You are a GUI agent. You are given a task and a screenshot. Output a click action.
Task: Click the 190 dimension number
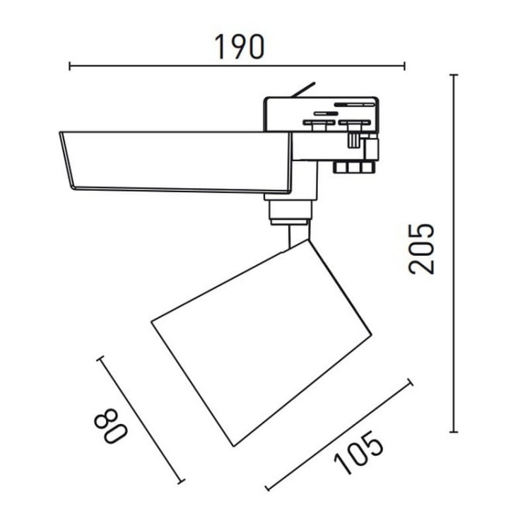point(240,47)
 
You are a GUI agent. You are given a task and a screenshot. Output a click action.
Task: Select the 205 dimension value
point(421,249)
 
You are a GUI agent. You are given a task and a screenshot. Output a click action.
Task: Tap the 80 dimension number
point(110,426)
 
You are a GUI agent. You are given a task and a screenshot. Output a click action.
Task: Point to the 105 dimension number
point(359,452)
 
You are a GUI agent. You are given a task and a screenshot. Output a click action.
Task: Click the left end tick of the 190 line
point(70,66)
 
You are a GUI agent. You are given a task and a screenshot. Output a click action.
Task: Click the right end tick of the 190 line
point(405,66)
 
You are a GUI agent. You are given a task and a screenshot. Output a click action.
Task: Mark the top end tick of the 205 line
point(454,75)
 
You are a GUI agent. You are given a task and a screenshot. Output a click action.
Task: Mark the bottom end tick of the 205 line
point(454,432)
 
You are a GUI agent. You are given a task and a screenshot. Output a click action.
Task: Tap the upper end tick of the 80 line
point(100,358)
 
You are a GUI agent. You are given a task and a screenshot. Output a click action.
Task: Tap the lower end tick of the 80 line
point(182,481)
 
